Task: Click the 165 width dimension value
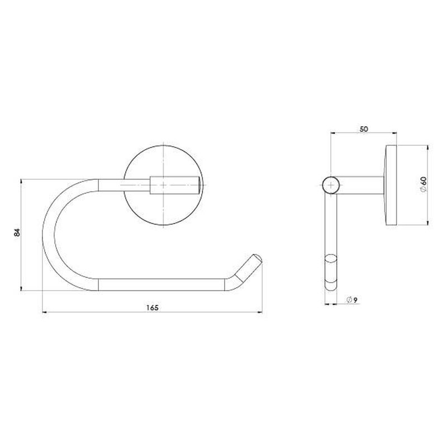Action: point(152,308)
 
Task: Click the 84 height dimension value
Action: point(17,232)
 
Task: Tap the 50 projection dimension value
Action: point(364,129)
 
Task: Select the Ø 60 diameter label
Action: point(424,184)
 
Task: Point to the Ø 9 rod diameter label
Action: point(352,299)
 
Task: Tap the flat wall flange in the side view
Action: point(391,186)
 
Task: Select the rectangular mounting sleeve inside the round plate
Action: point(174,186)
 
